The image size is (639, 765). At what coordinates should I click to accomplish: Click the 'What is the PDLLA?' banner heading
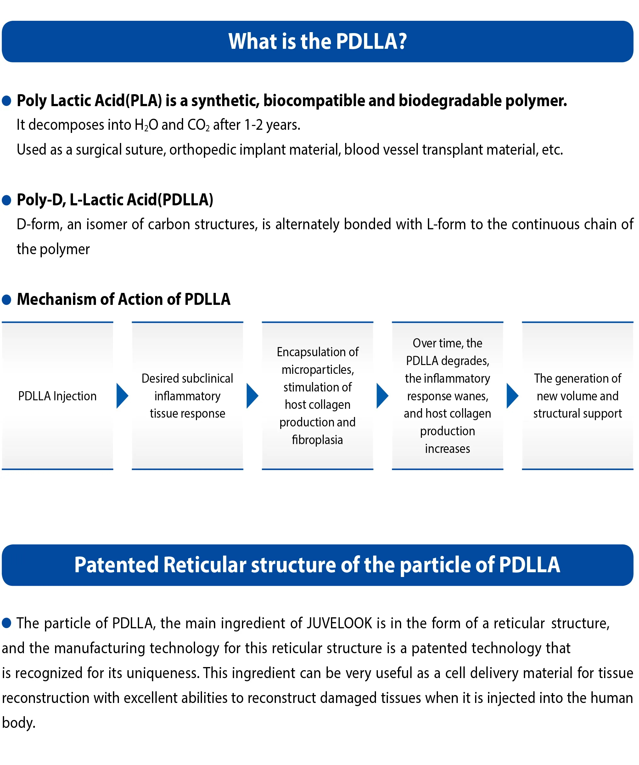[317, 41]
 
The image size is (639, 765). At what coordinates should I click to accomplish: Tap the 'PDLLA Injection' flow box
[58, 396]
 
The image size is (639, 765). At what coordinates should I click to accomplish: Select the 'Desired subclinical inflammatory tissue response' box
[188, 396]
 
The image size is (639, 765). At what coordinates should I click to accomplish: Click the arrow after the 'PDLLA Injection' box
[122, 396]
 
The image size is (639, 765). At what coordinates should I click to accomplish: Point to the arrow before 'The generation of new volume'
[513, 396]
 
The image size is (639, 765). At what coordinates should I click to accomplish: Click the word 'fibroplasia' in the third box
[317, 440]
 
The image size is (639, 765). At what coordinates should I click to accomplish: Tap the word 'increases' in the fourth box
[448, 449]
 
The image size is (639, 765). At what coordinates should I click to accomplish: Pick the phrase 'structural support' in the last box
[578, 414]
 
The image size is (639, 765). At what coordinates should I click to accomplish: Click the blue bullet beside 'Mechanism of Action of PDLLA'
[7, 300]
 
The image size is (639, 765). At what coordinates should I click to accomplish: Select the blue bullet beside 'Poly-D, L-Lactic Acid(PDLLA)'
[7, 200]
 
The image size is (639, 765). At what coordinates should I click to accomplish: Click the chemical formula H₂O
[146, 125]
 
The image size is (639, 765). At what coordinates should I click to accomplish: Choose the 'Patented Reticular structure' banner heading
[317, 565]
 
